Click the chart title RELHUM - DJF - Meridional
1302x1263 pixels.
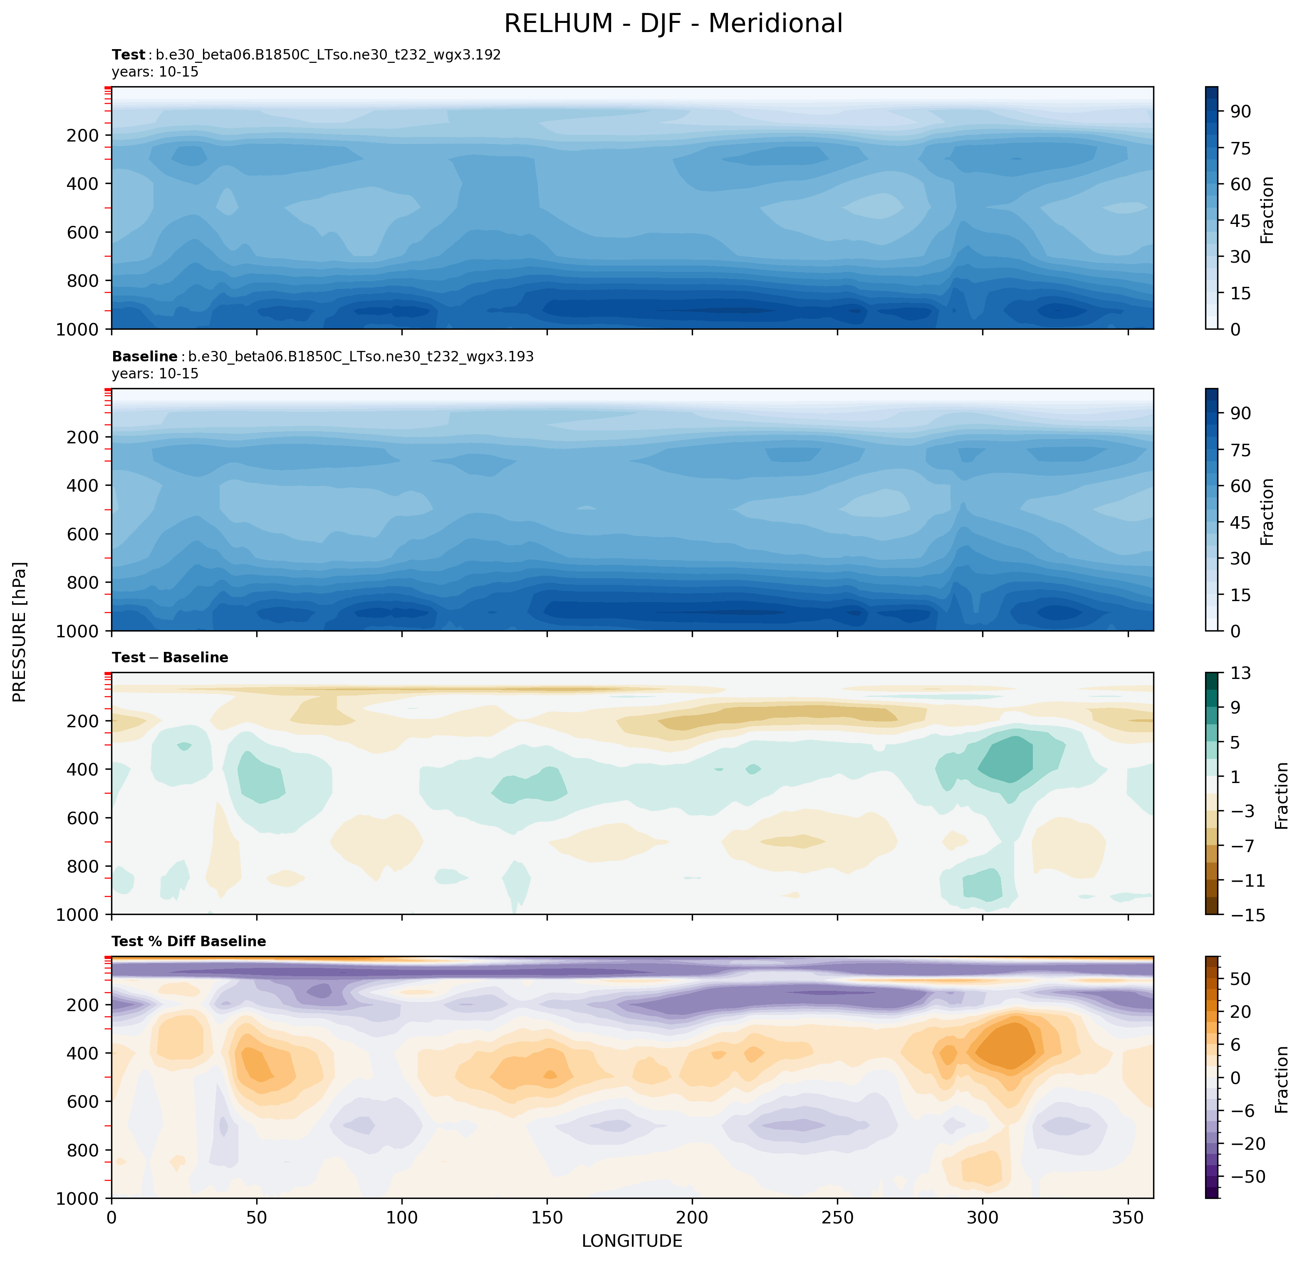(x=673, y=24)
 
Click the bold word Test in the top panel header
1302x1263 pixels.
(x=128, y=55)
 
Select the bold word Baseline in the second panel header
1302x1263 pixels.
(x=144, y=357)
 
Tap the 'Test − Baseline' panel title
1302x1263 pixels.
(x=170, y=657)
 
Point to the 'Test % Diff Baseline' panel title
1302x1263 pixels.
(x=189, y=941)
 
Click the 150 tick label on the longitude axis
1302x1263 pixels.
(x=547, y=1218)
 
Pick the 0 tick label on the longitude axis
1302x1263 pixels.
(x=111, y=1218)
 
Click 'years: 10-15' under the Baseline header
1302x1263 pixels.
(x=155, y=373)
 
